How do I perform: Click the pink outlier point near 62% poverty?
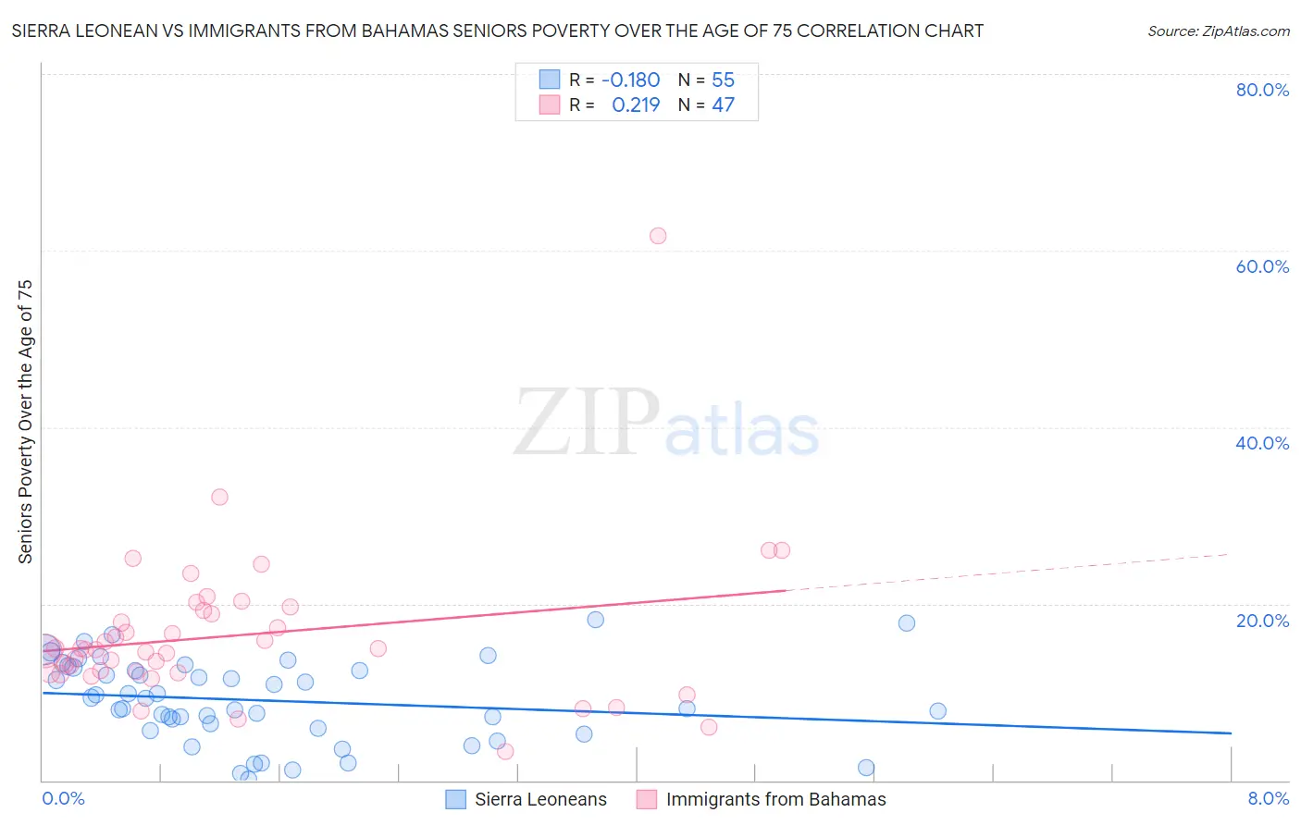(658, 236)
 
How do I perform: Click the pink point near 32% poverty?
(219, 497)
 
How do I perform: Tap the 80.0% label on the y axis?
(1262, 90)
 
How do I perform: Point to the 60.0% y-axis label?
(1262, 266)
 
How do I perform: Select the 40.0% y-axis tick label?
(1262, 443)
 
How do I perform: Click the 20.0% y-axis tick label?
(1262, 620)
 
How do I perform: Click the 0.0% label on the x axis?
(63, 798)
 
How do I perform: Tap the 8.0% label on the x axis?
(1268, 798)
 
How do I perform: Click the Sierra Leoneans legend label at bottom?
(540, 799)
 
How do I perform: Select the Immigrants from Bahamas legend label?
(775, 799)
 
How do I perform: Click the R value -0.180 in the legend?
(630, 80)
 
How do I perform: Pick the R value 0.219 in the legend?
(636, 105)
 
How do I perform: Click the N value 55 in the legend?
(723, 80)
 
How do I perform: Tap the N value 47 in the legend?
(723, 105)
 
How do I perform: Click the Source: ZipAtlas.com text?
(1218, 31)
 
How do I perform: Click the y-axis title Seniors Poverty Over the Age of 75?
(25, 421)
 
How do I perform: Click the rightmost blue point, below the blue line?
(937, 711)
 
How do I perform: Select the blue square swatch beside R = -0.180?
(550, 80)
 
